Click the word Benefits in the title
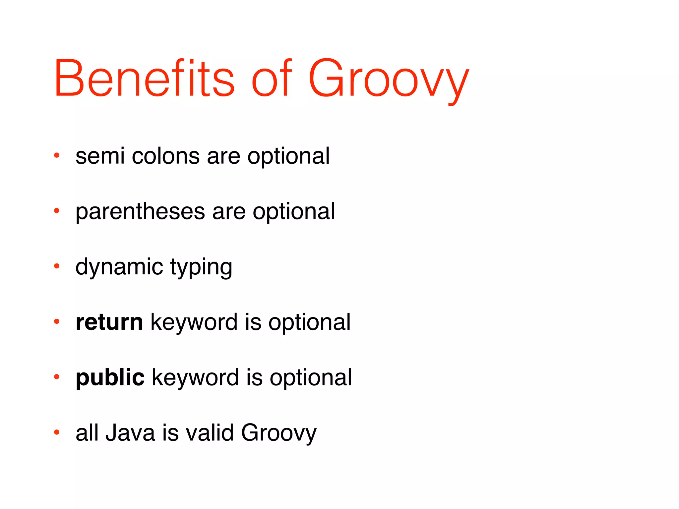click(x=144, y=79)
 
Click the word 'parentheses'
click(x=140, y=212)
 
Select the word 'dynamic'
click(x=119, y=267)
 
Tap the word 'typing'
click(x=201, y=268)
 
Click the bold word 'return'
click(x=109, y=322)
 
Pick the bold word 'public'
click(x=110, y=378)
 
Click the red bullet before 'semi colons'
click(x=57, y=155)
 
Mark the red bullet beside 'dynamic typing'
click(x=57, y=266)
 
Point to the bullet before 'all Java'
click(x=57, y=432)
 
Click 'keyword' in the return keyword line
click(x=194, y=322)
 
